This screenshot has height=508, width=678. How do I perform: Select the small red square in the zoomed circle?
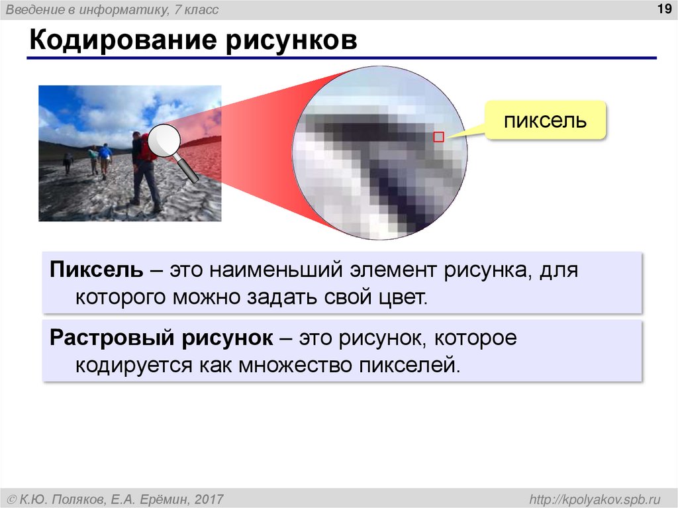coord(438,137)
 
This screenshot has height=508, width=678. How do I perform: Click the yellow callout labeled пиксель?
coord(546,121)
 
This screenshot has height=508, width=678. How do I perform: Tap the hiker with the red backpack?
coord(143,166)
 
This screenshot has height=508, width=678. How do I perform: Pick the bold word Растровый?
coord(108,338)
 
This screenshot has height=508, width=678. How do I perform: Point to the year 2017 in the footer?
coord(209,498)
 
